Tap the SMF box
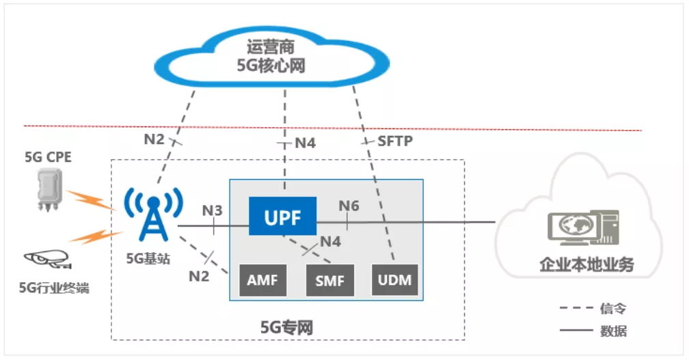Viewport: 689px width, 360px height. coord(330,280)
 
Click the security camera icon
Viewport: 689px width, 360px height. coord(47,259)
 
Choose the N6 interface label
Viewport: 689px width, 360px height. coord(349,206)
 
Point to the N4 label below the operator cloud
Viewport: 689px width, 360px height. coord(304,144)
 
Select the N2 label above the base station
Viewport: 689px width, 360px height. coord(154,139)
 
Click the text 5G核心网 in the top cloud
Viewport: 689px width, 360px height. coord(270,66)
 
